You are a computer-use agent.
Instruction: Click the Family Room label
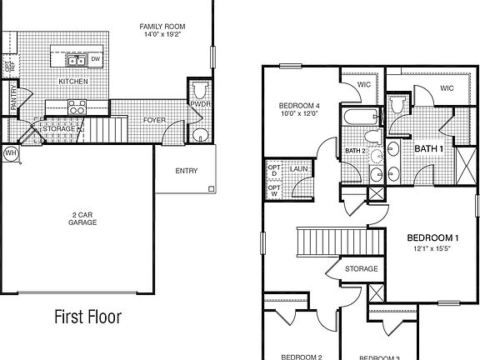(162, 27)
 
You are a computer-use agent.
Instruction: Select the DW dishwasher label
(96, 59)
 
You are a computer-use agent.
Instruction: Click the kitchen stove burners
(77, 107)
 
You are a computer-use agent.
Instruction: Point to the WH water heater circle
(11, 152)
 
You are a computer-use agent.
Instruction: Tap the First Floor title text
(87, 317)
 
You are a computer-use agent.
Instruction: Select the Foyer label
(154, 120)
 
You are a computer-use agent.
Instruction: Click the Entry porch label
(186, 172)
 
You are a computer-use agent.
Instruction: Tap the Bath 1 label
(429, 148)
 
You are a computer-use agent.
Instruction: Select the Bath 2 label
(355, 150)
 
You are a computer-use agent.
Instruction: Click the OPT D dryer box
(273, 171)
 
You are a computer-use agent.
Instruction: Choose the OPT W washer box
(273, 192)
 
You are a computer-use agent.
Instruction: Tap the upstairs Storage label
(361, 269)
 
